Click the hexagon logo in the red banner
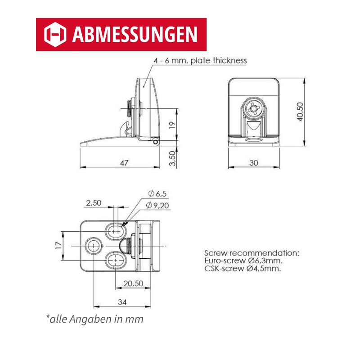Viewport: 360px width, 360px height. (x=55, y=35)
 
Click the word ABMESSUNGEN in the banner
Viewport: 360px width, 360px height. (x=135, y=35)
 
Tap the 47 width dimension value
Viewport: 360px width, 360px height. (x=124, y=163)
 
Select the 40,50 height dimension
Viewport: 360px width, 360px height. (x=300, y=112)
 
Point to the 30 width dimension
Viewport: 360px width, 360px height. (x=254, y=163)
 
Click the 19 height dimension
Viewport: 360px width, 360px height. (x=172, y=125)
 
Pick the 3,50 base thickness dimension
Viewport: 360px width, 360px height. (x=172, y=158)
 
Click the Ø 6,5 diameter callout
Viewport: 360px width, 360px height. (x=157, y=194)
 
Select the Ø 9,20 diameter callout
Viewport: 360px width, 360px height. (x=157, y=206)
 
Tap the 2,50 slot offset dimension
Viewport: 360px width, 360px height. (x=94, y=203)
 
